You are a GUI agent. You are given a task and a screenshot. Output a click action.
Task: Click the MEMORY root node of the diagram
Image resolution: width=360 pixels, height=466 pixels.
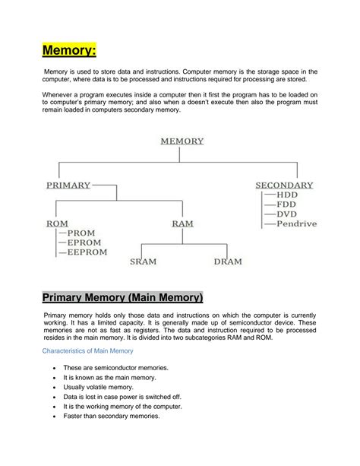click(182, 141)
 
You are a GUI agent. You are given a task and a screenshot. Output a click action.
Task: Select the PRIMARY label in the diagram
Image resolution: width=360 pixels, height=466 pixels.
click(68, 185)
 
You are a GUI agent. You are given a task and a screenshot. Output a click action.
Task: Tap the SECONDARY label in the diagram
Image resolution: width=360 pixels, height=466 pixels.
click(284, 185)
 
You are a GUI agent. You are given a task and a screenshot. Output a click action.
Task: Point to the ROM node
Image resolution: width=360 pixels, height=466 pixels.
click(57, 223)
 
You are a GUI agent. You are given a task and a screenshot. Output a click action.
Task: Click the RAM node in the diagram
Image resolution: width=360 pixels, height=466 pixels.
click(182, 223)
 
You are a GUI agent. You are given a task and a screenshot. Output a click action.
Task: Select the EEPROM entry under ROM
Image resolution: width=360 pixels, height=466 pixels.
click(88, 252)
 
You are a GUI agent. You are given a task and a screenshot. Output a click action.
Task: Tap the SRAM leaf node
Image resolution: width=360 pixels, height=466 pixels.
click(143, 262)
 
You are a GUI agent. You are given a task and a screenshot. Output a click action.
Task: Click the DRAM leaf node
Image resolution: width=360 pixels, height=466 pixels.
click(227, 262)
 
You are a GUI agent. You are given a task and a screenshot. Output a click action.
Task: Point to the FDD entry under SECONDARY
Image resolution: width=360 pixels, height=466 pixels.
click(286, 205)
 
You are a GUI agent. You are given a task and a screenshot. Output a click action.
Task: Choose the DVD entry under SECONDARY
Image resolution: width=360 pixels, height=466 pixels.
click(287, 214)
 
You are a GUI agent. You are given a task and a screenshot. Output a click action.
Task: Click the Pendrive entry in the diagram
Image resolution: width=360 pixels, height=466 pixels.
click(297, 224)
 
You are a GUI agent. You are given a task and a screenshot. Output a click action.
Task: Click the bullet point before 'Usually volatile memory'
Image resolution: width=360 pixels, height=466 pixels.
click(53, 387)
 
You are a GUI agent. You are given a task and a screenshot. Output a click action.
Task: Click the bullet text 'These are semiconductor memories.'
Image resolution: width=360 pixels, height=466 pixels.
click(115, 368)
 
